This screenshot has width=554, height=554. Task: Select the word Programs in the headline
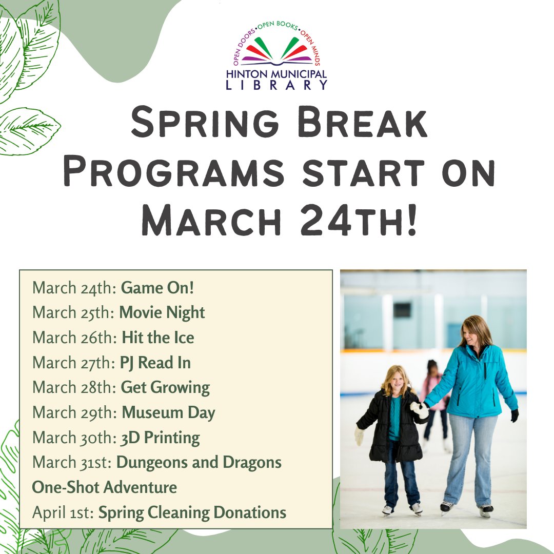[173, 173]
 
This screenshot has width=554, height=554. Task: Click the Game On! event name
[157, 288]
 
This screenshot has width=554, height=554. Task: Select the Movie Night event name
[162, 312]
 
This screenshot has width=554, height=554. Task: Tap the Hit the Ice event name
[158, 338]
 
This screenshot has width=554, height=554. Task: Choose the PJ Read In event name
[155, 363]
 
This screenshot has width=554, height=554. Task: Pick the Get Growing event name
[165, 388]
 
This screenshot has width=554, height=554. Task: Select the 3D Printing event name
[160, 438]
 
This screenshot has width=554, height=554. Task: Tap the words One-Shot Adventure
[105, 487]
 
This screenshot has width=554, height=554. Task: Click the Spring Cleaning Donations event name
[192, 512]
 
